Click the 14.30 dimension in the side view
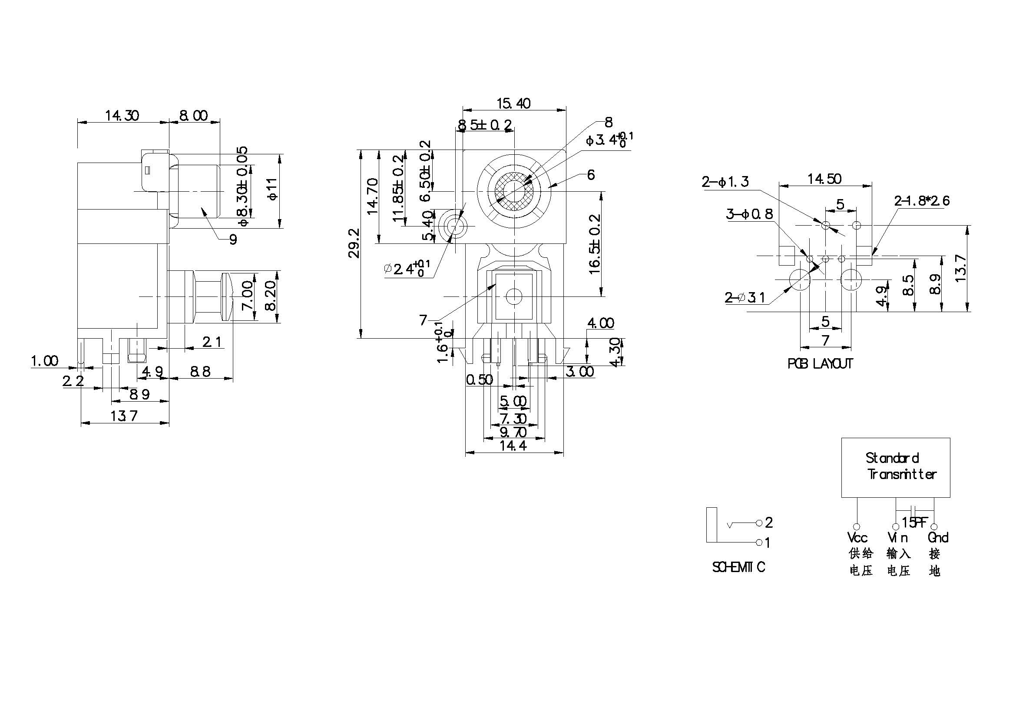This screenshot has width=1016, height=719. point(122,116)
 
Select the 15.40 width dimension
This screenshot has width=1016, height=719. point(513,103)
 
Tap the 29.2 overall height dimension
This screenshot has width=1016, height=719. point(354,243)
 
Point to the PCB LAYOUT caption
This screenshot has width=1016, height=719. point(820,363)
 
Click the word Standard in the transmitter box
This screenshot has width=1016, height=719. point(892,458)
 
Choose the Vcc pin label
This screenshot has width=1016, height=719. point(857,537)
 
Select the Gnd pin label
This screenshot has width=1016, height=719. point(938,537)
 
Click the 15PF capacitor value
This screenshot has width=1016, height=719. point(914,523)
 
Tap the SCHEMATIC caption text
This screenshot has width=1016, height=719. point(738,567)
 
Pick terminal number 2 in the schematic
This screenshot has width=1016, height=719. point(769,523)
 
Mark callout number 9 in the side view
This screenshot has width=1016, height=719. point(233,240)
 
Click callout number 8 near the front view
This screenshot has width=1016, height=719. point(609,122)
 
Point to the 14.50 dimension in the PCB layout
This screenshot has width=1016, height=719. point(824,179)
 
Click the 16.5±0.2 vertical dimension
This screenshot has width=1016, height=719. point(595,244)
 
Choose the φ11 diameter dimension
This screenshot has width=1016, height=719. point(273,189)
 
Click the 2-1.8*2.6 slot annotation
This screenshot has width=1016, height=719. point(922,201)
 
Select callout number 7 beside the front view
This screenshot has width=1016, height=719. point(423,320)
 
